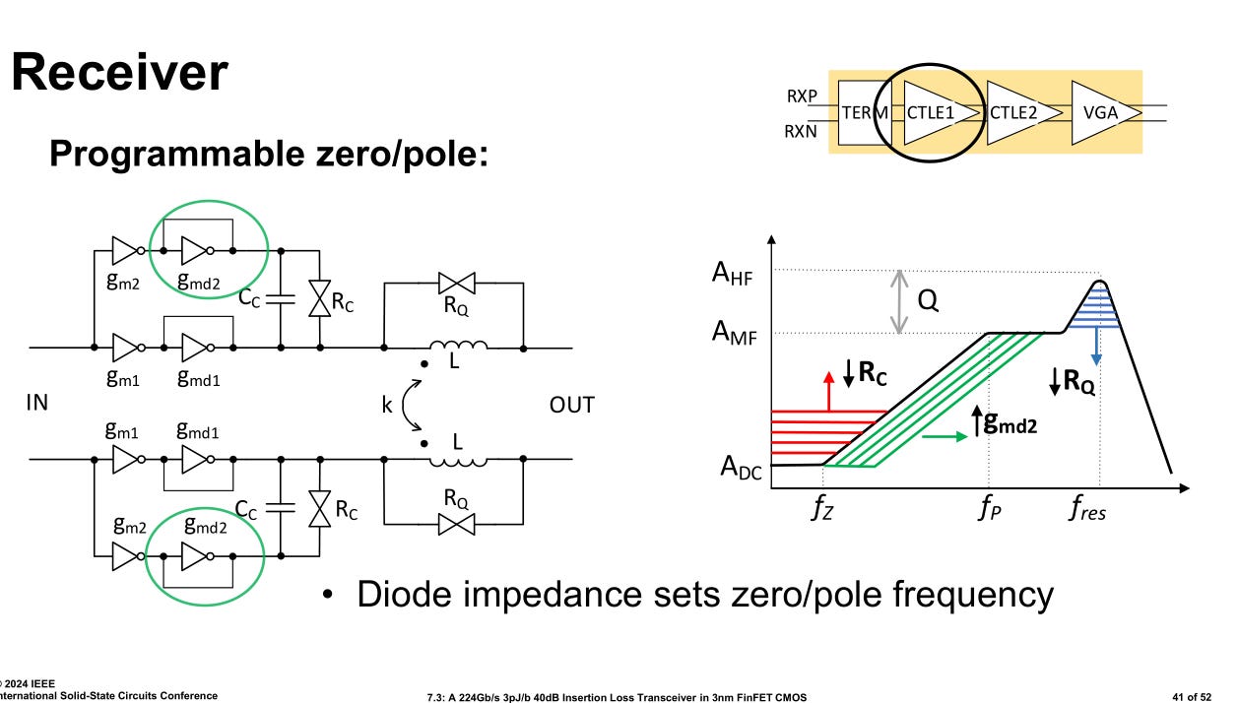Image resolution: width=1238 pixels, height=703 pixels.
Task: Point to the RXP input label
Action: pos(802,96)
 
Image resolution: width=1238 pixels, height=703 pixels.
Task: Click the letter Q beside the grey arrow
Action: pos(927,301)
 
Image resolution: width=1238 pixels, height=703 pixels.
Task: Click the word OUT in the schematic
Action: pos(571,405)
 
